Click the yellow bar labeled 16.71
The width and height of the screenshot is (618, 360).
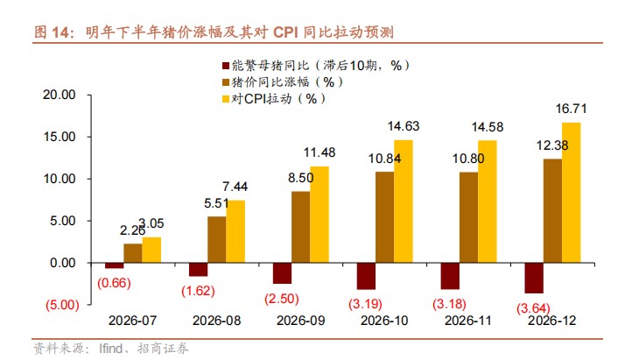(x=571, y=192)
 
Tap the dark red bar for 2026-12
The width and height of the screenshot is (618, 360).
(x=533, y=278)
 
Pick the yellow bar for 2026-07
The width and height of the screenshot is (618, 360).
(x=151, y=250)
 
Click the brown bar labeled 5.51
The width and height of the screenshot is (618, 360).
(x=216, y=239)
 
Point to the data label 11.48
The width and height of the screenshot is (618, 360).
(x=320, y=152)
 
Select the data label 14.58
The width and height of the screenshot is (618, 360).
(x=488, y=126)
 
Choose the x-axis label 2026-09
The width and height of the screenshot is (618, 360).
(x=300, y=321)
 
